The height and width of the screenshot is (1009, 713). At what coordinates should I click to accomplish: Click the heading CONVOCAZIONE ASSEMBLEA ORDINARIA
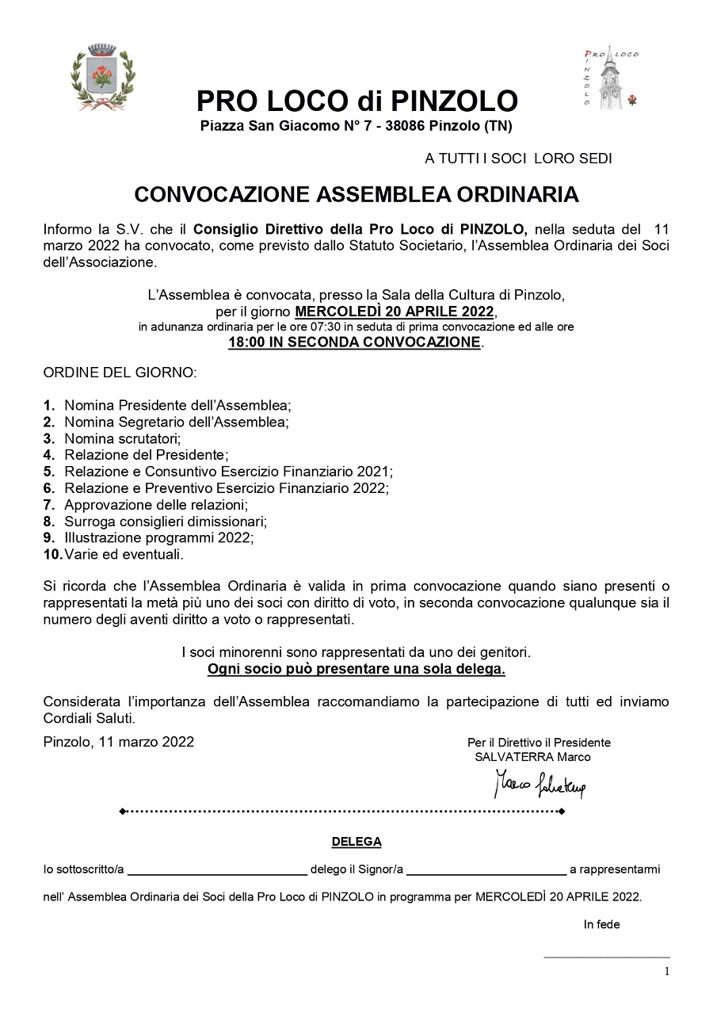point(356,194)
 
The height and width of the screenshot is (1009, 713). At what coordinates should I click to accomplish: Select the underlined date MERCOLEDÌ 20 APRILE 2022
point(395,311)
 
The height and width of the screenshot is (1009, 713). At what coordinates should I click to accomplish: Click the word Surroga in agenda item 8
point(88,521)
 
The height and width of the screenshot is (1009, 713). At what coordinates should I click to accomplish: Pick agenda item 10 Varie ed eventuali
point(123,554)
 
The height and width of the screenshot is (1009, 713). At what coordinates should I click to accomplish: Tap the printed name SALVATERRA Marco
point(532,757)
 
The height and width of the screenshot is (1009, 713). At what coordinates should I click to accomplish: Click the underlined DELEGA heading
point(356,841)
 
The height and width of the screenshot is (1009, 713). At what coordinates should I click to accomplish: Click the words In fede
point(602,924)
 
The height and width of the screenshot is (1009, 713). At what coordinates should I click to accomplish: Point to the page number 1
point(666,971)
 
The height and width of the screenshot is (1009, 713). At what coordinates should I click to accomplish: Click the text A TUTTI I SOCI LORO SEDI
point(518,159)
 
